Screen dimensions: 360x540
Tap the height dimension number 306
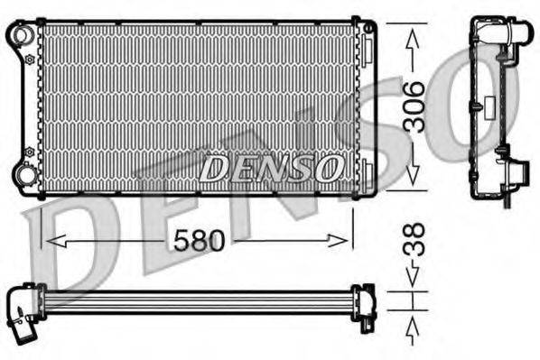coord(412,106)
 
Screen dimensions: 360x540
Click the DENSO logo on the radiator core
coord(270,168)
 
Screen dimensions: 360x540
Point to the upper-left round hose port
coord(22,35)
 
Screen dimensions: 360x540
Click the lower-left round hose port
coord(22,173)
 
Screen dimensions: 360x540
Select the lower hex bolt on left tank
coord(30,150)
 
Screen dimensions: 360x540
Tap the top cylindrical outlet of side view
coord(518,34)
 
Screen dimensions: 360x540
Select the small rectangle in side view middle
coord(474,106)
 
